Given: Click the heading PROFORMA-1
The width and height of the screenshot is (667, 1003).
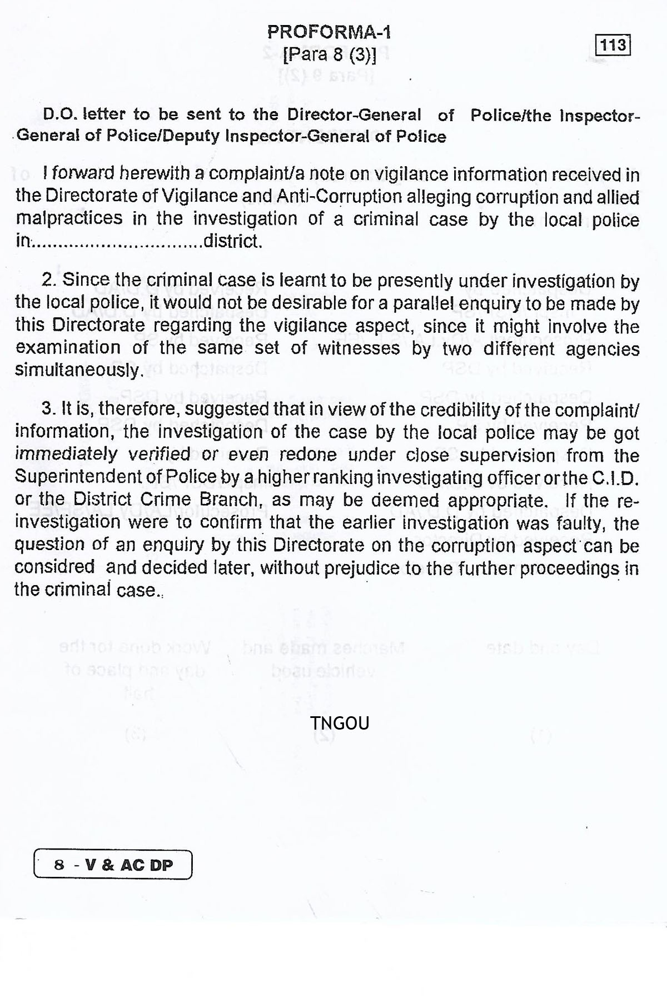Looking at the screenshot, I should point(329,32).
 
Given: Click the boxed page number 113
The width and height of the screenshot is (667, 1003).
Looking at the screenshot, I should point(614,45).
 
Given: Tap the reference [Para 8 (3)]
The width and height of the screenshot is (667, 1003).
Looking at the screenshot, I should point(330,55).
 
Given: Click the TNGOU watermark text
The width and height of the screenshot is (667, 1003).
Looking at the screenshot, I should point(340,723).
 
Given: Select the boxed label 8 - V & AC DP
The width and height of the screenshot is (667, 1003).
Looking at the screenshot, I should point(113,865).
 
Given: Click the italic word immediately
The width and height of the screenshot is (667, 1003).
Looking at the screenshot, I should point(66,454).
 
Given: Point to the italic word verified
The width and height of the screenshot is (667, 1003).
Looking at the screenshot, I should point(160,454).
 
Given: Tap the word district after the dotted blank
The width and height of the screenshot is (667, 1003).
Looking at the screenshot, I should point(232,242).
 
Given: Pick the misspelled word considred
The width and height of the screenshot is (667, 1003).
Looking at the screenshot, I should point(54,567).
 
